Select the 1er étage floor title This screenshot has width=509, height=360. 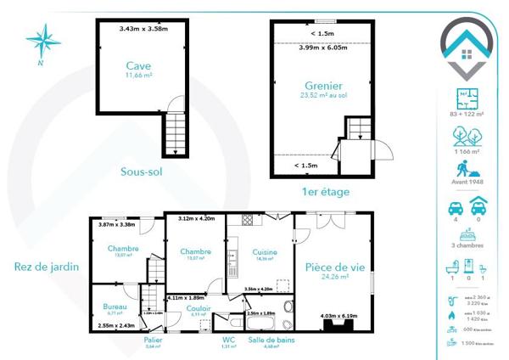[326, 192]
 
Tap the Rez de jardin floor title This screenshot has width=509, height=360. [47, 266]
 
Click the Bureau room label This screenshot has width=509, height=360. [115, 306]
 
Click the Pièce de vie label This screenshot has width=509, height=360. [333, 267]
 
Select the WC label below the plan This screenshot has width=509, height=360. [227, 339]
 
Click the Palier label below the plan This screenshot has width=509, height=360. [153, 339]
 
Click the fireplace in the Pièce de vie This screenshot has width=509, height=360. [338, 325]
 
